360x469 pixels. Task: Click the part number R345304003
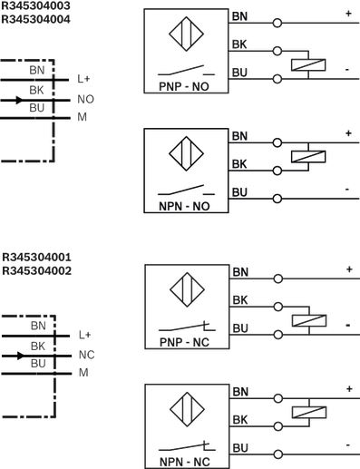coord(35,5)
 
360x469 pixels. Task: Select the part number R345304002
coord(36,270)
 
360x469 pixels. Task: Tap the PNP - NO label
coord(184,87)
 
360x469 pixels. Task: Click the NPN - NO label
coord(184,207)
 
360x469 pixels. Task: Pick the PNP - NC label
coord(184,342)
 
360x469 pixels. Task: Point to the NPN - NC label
coord(185,462)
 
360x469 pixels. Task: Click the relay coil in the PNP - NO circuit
coord(308,65)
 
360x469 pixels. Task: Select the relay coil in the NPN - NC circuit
coord(309,413)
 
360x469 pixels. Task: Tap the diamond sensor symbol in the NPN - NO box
coord(186,153)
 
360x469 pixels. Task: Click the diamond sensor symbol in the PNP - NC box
coord(187,289)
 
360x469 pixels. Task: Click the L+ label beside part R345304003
coord(83,79)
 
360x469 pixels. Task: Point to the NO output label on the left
coord(85,99)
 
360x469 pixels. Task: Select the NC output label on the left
coord(86,355)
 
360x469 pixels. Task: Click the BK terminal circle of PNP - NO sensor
coord(277,51)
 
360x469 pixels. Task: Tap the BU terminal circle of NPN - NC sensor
coord(278,454)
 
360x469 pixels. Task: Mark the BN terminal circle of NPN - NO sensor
coord(277,142)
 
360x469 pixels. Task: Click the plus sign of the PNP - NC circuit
coord(349,269)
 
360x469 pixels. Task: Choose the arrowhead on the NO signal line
coord(19,100)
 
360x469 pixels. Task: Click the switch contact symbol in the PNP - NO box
coord(186,71)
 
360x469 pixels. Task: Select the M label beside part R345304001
coord(83,373)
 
